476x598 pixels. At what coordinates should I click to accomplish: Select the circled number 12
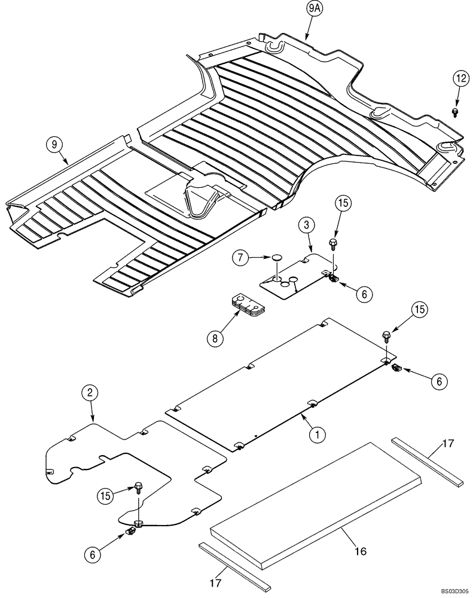460,78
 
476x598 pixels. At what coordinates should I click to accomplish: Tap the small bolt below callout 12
456,112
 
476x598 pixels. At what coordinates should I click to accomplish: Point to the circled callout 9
54,144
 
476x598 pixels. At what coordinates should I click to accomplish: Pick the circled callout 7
239,258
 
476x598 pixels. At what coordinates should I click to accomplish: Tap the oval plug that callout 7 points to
276,258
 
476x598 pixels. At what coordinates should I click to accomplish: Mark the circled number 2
89,393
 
